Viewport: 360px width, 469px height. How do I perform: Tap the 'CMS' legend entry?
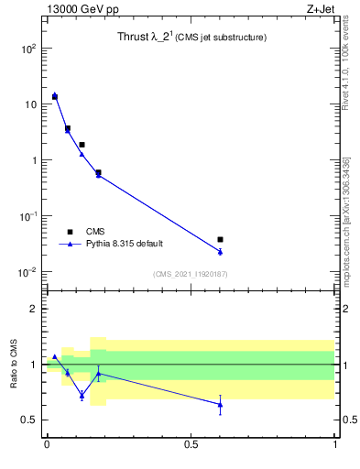pyautogui.click(x=96, y=232)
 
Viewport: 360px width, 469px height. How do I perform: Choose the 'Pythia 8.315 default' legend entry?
pyautogui.click(x=125, y=244)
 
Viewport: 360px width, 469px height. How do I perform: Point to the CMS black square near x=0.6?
pyautogui.click(x=220, y=239)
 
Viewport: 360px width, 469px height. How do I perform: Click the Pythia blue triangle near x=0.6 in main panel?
pyautogui.click(x=220, y=252)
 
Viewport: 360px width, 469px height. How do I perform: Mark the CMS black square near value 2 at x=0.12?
pyautogui.click(x=82, y=145)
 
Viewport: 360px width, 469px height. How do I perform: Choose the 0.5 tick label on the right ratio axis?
pyautogui.click(x=349, y=420)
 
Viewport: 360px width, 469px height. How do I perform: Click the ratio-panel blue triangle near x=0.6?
pyautogui.click(x=220, y=404)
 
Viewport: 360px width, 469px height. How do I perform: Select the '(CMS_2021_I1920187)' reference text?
pyautogui.click(x=191, y=274)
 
